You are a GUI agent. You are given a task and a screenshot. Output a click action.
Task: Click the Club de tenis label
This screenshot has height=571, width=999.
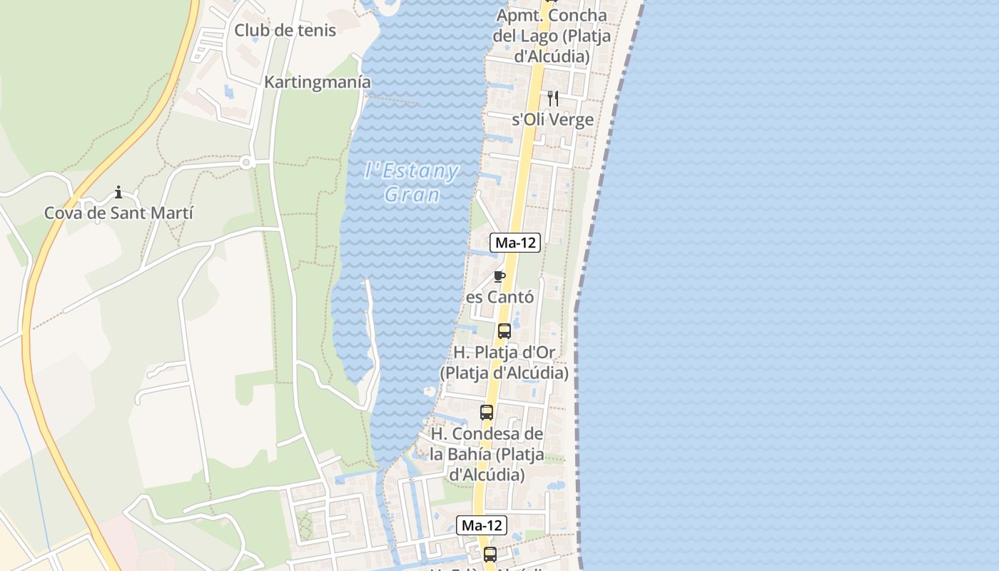pyautogui.click(x=285, y=31)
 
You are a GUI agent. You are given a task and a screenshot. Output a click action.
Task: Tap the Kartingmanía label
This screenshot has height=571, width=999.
pyautogui.click(x=318, y=82)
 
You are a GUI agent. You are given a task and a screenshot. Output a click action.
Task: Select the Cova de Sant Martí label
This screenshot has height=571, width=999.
pyautogui.click(x=118, y=213)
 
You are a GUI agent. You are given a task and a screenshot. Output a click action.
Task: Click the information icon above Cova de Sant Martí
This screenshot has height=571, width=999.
pyautogui.click(x=118, y=192)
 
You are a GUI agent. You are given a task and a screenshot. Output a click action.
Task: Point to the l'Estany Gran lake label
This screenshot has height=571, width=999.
pyautogui.click(x=411, y=183)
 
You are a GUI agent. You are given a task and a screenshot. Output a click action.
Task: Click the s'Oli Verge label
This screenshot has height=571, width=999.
pyautogui.click(x=553, y=119)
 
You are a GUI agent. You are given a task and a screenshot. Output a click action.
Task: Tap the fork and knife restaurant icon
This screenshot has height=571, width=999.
pyautogui.click(x=553, y=98)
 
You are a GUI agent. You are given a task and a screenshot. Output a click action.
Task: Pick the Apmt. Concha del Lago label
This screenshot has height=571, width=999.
pyautogui.click(x=551, y=36)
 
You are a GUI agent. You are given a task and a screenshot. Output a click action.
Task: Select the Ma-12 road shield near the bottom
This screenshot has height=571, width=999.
pyautogui.click(x=482, y=525)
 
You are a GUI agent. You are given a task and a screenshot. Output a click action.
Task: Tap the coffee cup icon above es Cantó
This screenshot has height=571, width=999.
pyautogui.click(x=499, y=276)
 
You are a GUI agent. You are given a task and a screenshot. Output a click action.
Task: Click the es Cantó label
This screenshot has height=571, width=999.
pyautogui.click(x=499, y=297)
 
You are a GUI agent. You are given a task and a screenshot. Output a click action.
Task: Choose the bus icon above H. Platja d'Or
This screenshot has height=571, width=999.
pyautogui.click(x=504, y=331)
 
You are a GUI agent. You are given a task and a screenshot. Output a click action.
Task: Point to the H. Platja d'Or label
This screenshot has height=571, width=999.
pyautogui.click(x=504, y=363)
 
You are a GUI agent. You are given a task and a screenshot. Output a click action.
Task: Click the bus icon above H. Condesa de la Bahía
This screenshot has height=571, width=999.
pyautogui.click(x=487, y=413)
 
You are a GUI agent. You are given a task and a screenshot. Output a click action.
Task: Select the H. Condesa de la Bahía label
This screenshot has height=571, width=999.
pyautogui.click(x=487, y=454)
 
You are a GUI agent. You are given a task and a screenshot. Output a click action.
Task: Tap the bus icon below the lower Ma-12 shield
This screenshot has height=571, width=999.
pyautogui.click(x=490, y=554)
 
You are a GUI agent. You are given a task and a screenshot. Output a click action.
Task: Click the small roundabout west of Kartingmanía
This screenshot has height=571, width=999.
pyautogui.click(x=246, y=163)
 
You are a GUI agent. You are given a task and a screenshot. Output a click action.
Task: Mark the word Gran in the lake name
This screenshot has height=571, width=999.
pyautogui.click(x=411, y=194)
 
